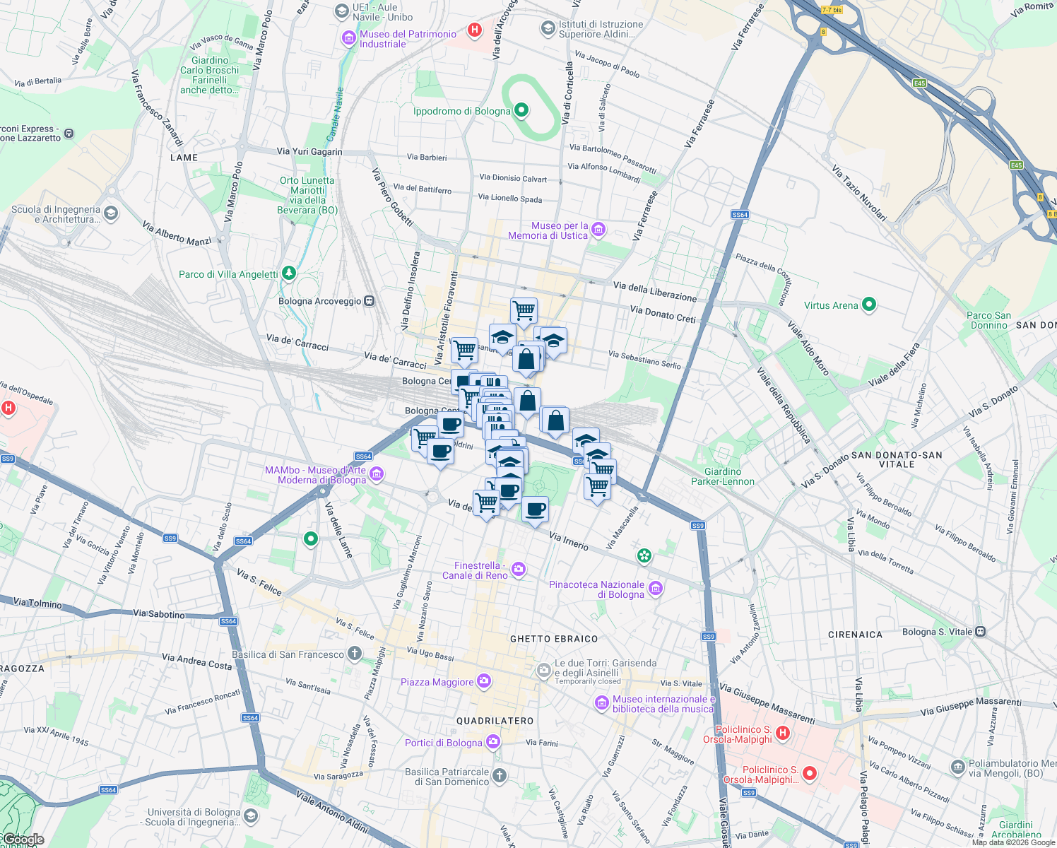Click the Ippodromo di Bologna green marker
521,110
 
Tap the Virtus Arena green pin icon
869,305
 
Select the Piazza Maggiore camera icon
484,681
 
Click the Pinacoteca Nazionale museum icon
656,589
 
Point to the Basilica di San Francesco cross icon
355,654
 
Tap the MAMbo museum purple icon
377,474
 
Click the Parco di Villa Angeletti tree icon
288,273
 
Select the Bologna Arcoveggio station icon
369,301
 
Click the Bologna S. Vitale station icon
981,632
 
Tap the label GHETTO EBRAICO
554,639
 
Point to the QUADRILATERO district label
495,721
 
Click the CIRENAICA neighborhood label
855,635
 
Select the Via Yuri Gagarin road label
309,151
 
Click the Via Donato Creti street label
663,314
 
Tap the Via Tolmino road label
37,603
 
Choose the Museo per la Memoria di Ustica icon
598,229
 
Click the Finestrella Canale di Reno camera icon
519,570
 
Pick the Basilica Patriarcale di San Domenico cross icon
500,776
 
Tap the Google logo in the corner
23,840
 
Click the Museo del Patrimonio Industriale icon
348,38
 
